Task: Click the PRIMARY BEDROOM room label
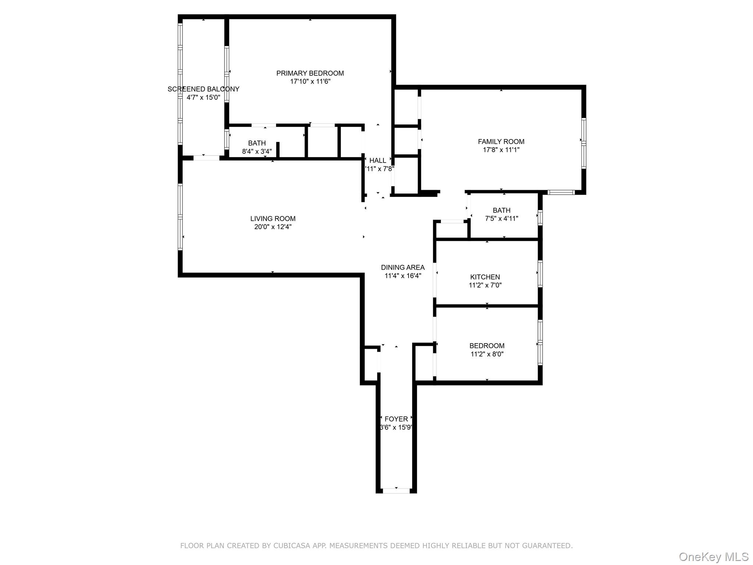pos(310,73)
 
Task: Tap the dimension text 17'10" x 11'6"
pos(310,82)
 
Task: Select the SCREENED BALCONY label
pos(203,89)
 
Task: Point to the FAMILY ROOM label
pos(501,142)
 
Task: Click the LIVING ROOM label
pos(273,218)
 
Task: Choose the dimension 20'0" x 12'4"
pos(273,227)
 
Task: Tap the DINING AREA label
pos(403,267)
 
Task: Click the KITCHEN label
pos(485,277)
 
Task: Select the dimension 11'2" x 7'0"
pos(485,285)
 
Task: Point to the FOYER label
pos(396,419)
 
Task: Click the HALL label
pos(378,160)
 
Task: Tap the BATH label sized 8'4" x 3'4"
pos(257,143)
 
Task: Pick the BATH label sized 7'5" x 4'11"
pos(502,210)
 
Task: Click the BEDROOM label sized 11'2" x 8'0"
pos(487,346)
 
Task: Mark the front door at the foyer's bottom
pos(396,491)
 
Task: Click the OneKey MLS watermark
pos(713,557)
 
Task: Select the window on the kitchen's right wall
pos(540,274)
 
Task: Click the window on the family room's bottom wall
pos(561,192)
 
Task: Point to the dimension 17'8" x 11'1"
pos(501,150)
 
